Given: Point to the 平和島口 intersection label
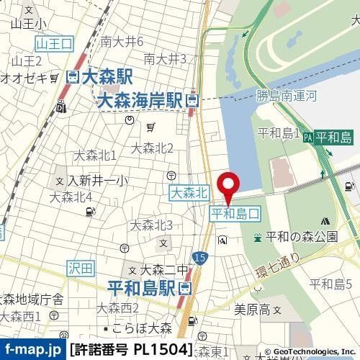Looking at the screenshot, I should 235,214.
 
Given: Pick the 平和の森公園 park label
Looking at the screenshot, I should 301,237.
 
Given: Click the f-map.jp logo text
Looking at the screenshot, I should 32,351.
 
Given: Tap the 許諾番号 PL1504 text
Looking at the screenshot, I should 132,351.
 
